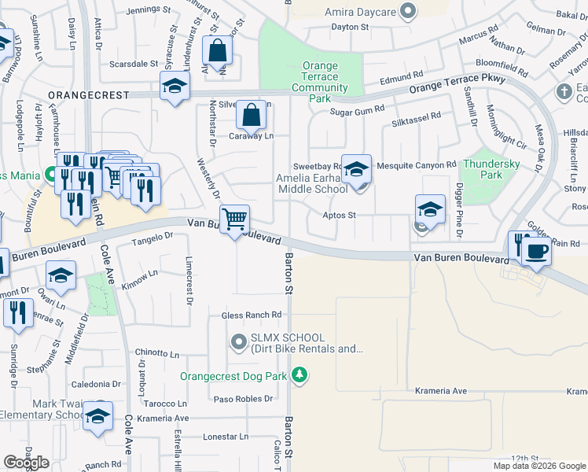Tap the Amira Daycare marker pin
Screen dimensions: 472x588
tap(407, 11)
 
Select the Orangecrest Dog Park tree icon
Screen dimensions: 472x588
tap(299, 376)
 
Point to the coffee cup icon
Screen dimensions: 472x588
tap(537, 252)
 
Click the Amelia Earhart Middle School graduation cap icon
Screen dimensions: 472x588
tap(356, 169)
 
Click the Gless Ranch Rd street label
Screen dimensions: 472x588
tap(252, 315)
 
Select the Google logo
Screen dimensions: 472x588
tap(27, 463)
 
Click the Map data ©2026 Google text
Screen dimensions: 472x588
tap(538, 466)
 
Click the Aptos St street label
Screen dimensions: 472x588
tap(340, 215)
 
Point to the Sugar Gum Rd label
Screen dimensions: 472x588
tap(358, 112)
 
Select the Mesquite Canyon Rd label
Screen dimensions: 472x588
tap(417, 164)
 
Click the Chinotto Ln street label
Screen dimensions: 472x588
tap(156, 353)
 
